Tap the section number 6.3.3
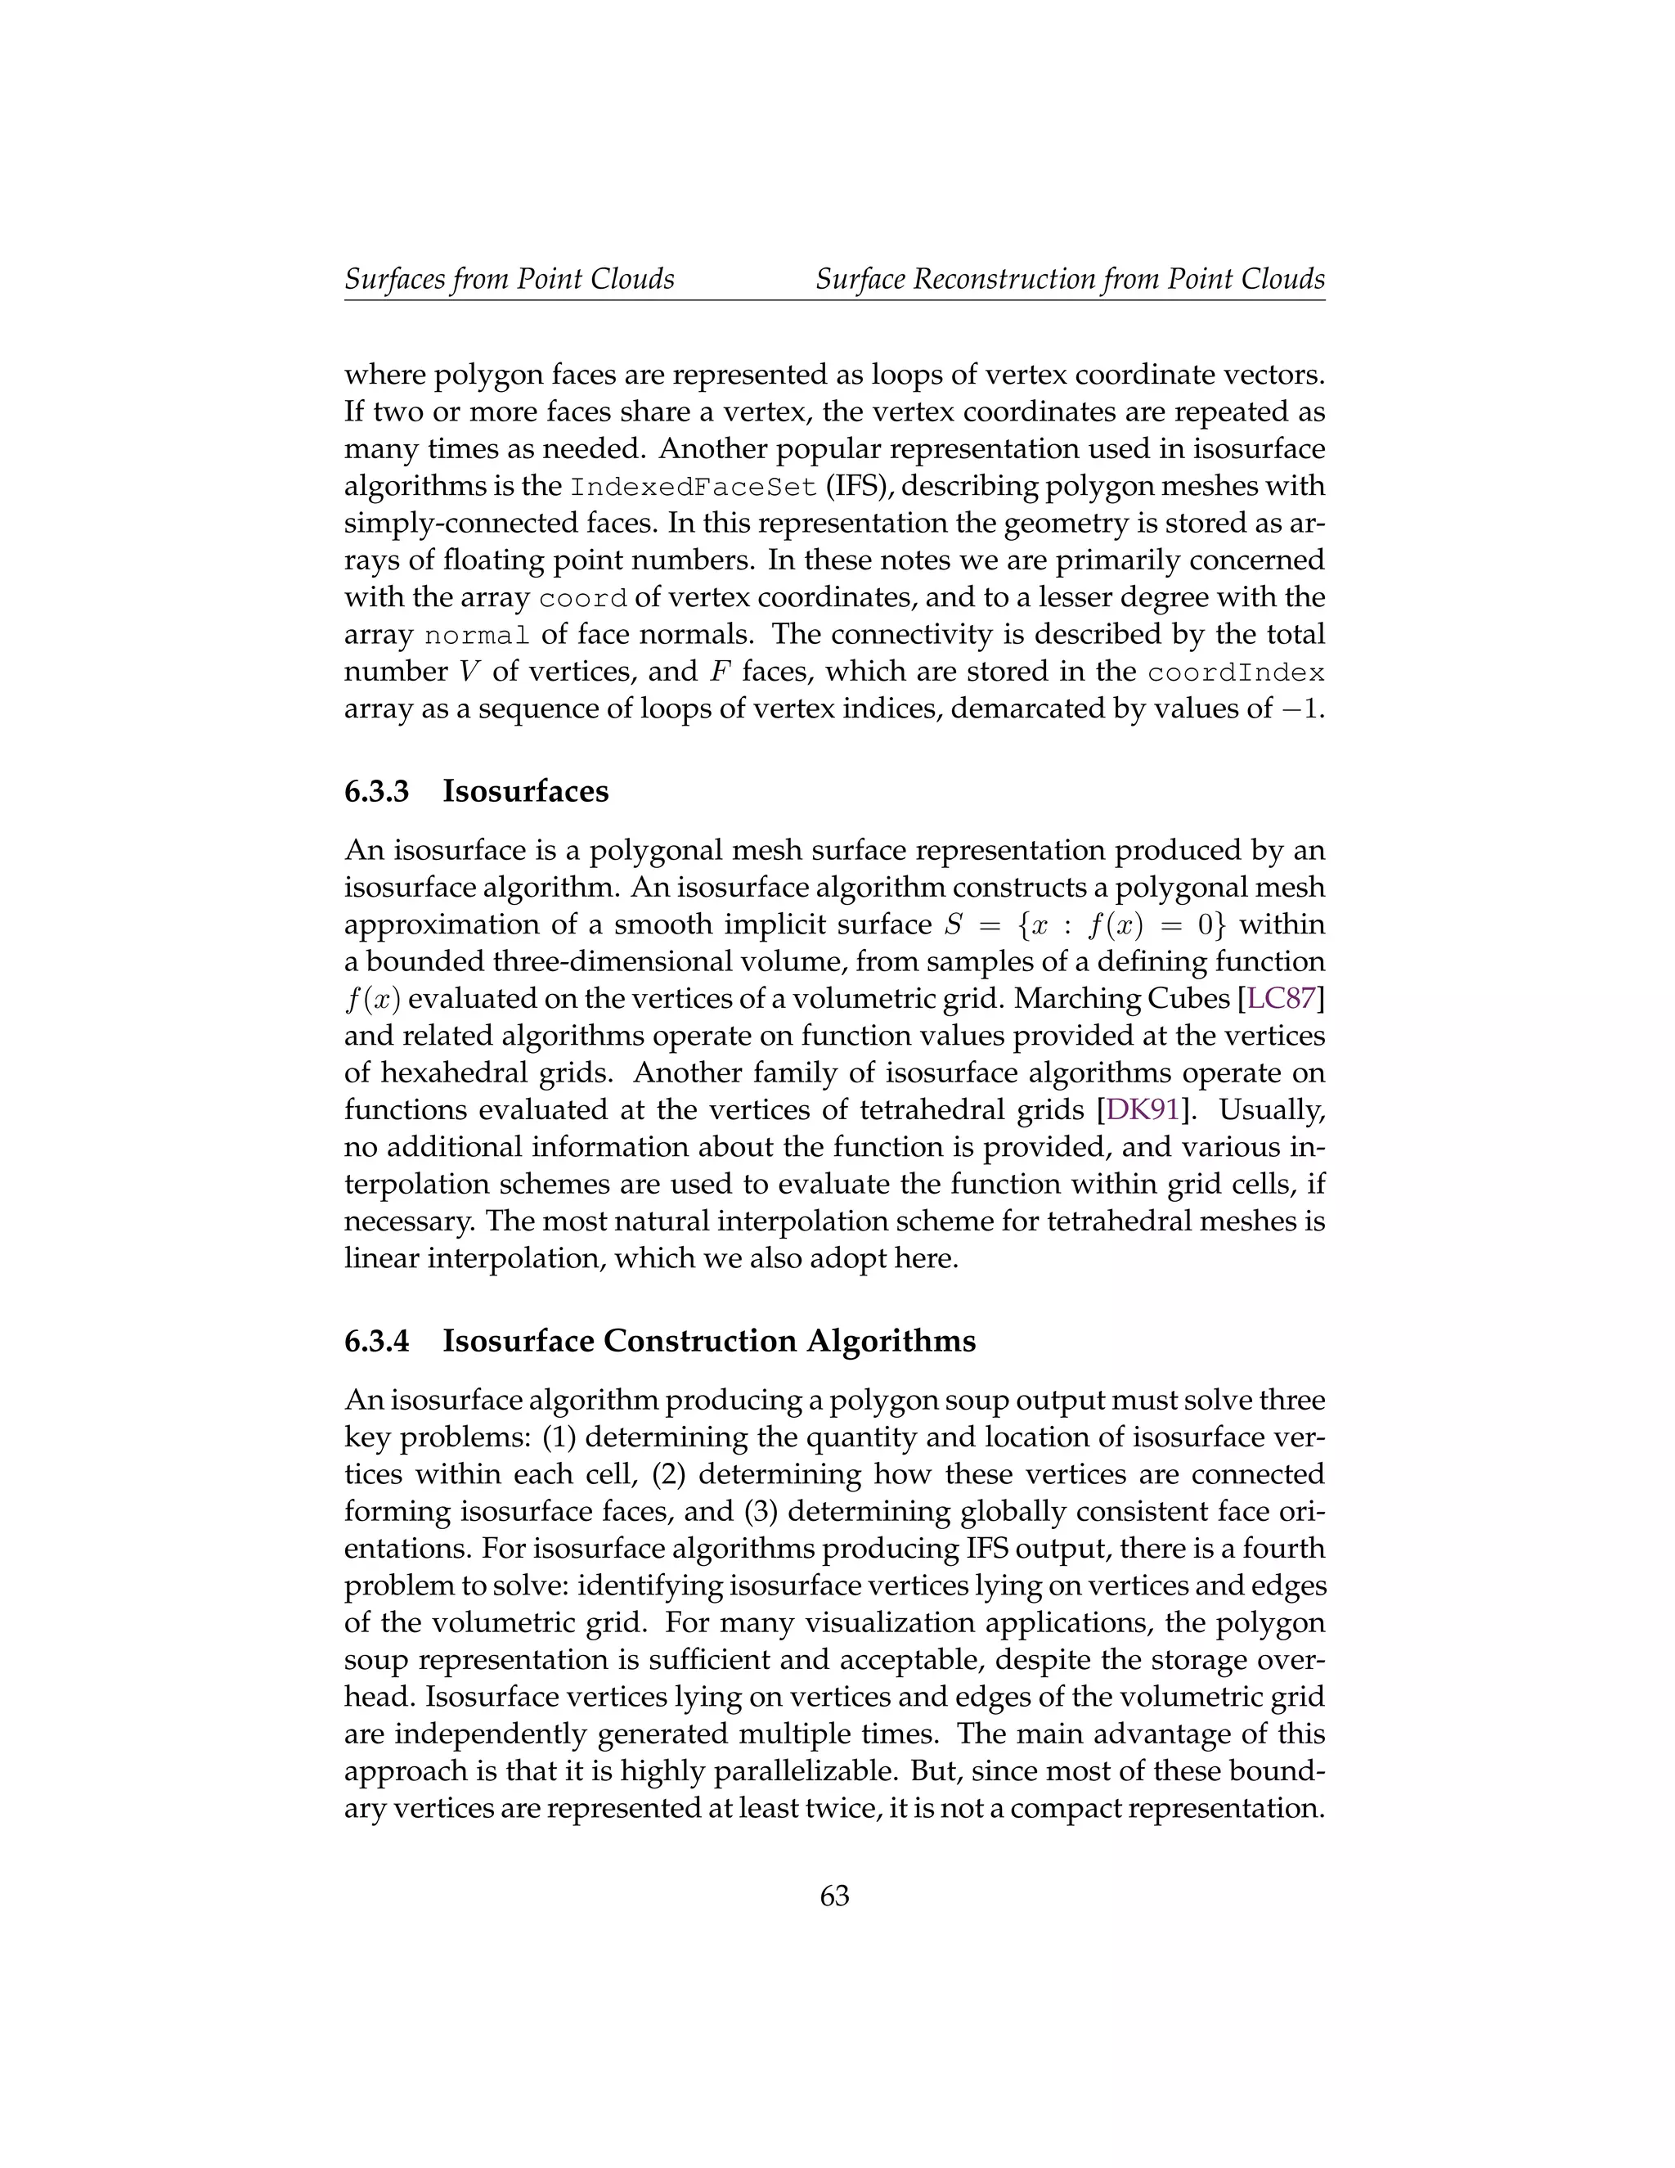click(377, 792)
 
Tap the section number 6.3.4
click(377, 1341)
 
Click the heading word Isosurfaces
click(525, 792)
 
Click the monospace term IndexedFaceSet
click(694, 488)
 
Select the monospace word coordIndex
click(1236, 673)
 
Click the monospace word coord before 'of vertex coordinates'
click(582, 600)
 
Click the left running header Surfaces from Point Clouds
click(509, 279)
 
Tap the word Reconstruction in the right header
click(1002, 279)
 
